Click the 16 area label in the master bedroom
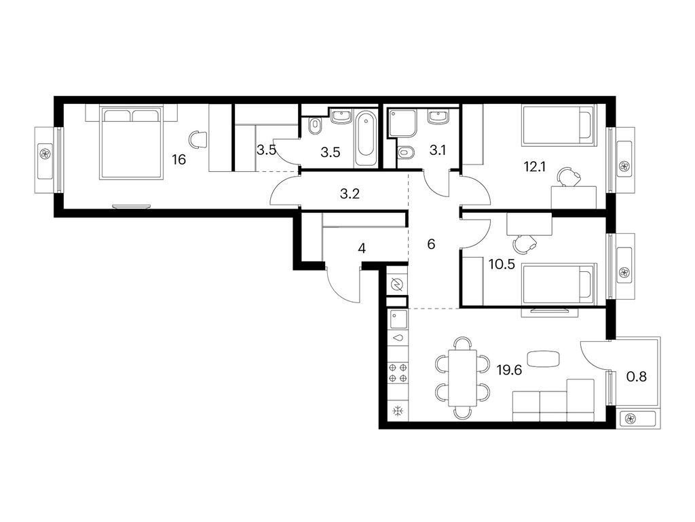click(x=179, y=159)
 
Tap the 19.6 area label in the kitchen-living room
click(x=509, y=370)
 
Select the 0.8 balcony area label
click(x=636, y=377)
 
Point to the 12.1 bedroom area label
click(x=535, y=167)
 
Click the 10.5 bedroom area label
click(x=502, y=264)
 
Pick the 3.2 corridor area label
click(x=350, y=194)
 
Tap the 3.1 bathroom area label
click(x=437, y=150)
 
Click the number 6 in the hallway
click(x=431, y=244)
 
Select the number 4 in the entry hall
click(x=362, y=249)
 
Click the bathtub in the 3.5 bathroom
click(x=366, y=135)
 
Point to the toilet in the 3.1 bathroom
click(x=406, y=153)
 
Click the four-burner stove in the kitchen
click(x=398, y=373)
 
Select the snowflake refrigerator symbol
click(x=398, y=411)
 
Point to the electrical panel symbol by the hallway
click(x=396, y=284)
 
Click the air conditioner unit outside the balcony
click(x=637, y=418)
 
